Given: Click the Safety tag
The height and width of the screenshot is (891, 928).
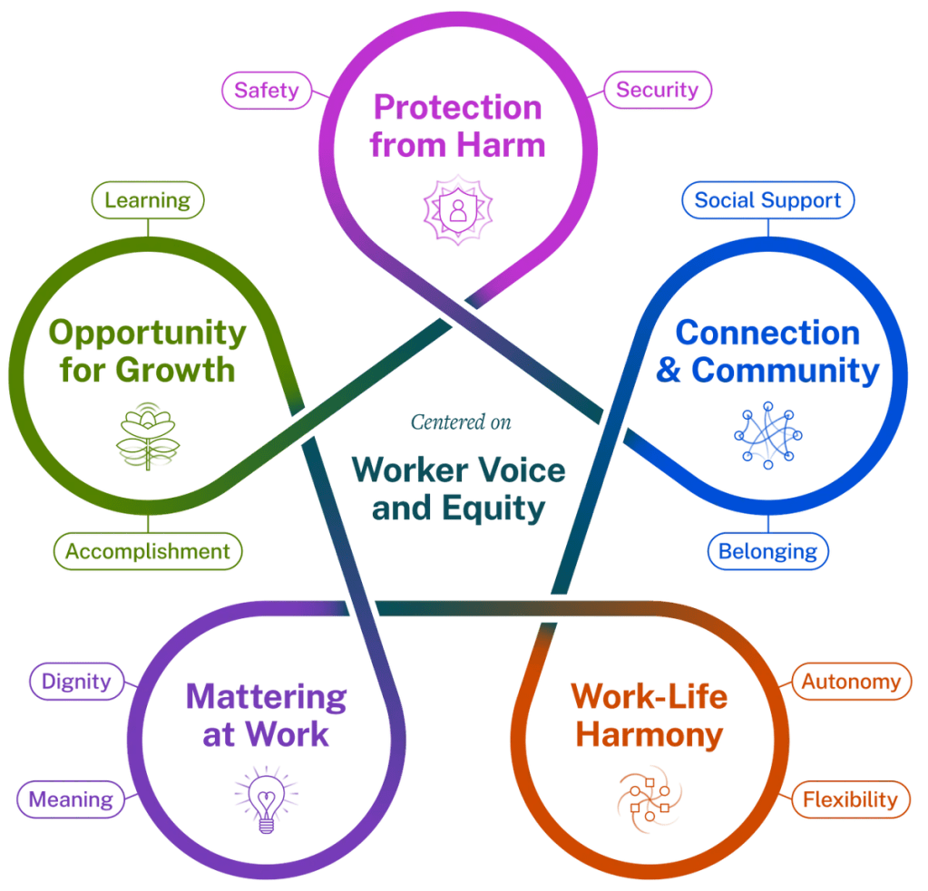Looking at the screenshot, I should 268,90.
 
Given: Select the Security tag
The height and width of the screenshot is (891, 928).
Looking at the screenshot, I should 658,90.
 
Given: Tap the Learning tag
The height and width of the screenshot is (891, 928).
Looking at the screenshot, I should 148,200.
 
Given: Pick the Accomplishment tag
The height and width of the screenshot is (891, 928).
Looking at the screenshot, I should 148,551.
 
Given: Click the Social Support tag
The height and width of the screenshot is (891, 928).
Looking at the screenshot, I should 767,200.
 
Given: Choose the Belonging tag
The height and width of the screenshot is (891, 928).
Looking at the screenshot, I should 768,551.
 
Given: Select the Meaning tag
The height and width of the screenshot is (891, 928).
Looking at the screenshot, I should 70,799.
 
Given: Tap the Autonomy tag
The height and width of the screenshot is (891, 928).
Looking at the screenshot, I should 851,681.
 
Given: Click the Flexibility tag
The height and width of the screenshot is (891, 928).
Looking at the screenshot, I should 851,799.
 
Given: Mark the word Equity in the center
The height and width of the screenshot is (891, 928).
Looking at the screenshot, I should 497,508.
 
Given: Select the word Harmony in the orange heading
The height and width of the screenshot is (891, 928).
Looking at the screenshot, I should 650,734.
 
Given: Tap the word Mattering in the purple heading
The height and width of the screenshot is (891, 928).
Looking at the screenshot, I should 266,697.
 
